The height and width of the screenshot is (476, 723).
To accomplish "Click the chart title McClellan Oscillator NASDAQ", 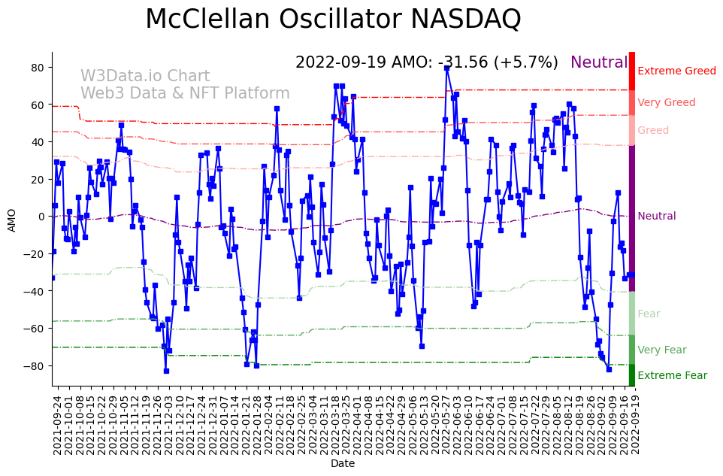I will point(333,19).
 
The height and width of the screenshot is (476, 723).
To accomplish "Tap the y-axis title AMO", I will point(11,220).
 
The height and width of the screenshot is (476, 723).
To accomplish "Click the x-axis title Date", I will point(343,464).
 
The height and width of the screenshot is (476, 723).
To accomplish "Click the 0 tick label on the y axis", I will point(43,217).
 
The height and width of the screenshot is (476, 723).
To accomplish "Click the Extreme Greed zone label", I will point(676,71).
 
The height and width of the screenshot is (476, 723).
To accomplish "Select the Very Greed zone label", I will point(666,103).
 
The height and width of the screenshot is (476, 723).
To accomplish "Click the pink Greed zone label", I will point(652,131).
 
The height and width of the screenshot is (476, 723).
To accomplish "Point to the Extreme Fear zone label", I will point(672,376).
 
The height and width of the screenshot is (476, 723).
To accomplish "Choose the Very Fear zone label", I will point(661,350).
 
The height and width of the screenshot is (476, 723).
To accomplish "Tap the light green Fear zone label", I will point(649,314).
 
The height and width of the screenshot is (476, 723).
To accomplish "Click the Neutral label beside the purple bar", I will point(656,217).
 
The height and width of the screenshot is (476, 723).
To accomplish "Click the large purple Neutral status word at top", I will point(599,63).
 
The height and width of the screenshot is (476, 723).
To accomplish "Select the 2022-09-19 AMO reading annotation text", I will point(426,63).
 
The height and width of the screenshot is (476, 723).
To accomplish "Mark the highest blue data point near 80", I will point(447,68).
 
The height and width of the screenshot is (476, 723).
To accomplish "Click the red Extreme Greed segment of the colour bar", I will point(632,71).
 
